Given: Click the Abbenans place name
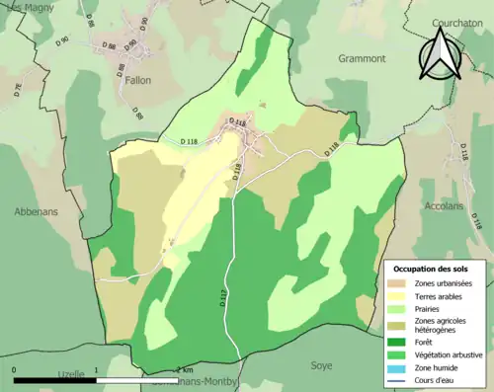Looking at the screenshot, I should pos(37,211).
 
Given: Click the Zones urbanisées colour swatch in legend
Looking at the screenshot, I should pos(399,284).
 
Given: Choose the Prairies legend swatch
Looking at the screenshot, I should pos(399,308).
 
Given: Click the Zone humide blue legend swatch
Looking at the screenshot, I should pos(399,366).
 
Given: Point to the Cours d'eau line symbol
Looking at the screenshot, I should pos(399,378).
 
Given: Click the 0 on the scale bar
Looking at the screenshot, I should pos(14,369).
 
